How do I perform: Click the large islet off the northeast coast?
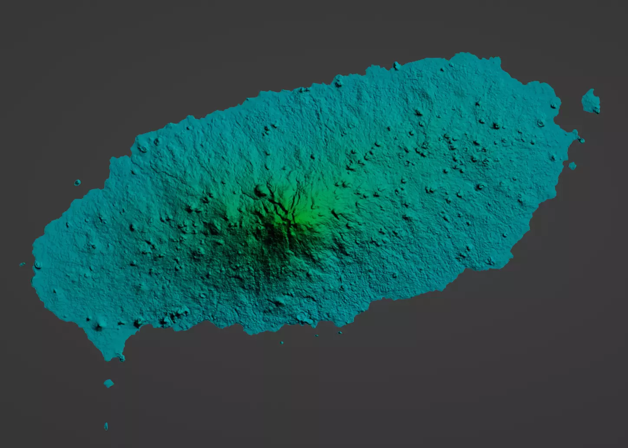pyautogui.click(x=590, y=101)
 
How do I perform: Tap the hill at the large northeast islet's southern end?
pyautogui.click(x=596, y=109)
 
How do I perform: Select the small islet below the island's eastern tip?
pyautogui.click(x=572, y=165)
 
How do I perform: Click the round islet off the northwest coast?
pyautogui.click(x=78, y=182)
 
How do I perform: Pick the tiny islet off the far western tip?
pyautogui.click(x=22, y=264)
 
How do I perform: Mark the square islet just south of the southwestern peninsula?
pyautogui.click(x=108, y=383)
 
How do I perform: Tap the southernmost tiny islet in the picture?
pyautogui.click(x=106, y=426)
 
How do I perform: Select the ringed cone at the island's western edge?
pyautogui.click(x=38, y=265)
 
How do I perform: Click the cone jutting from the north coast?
pyautogui.click(x=396, y=66)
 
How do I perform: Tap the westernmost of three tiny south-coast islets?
pyautogui.click(x=282, y=343)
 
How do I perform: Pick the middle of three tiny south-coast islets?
pyautogui.click(x=316, y=335)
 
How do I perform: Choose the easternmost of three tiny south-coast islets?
pyautogui.click(x=340, y=333)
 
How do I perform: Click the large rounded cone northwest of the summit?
pyautogui.click(x=262, y=190)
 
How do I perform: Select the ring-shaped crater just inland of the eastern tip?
pyautogui.click(x=540, y=124)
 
